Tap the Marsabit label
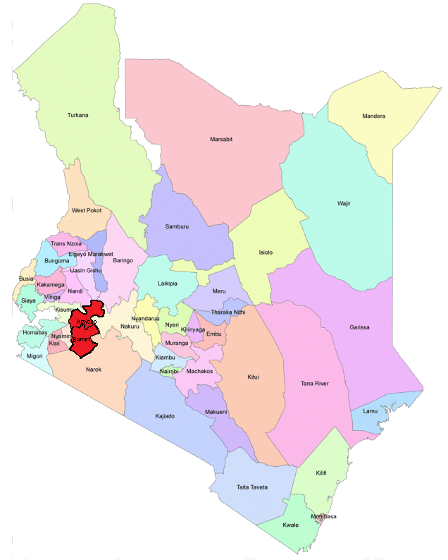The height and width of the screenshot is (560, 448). pyautogui.click(x=221, y=139)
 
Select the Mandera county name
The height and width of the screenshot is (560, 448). pyautogui.click(x=373, y=116)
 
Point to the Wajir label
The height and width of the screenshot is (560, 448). pyautogui.click(x=344, y=204)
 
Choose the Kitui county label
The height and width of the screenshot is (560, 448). pyautogui.click(x=253, y=377)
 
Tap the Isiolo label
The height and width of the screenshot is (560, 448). pyautogui.click(x=266, y=252)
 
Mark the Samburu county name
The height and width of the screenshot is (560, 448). pyautogui.click(x=177, y=226)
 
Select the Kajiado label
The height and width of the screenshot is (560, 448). pyautogui.click(x=164, y=416)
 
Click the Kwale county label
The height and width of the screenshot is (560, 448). pyautogui.click(x=290, y=525)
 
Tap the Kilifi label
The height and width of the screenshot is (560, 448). pyautogui.click(x=321, y=473)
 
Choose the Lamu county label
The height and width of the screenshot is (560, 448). pyautogui.click(x=371, y=411)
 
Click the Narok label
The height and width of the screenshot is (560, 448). pyautogui.click(x=94, y=370)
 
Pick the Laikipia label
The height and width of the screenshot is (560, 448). pyautogui.click(x=168, y=284)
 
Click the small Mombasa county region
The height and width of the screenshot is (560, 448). pyautogui.click(x=323, y=517)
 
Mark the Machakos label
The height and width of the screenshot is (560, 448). pyautogui.click(x=199, y=371)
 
